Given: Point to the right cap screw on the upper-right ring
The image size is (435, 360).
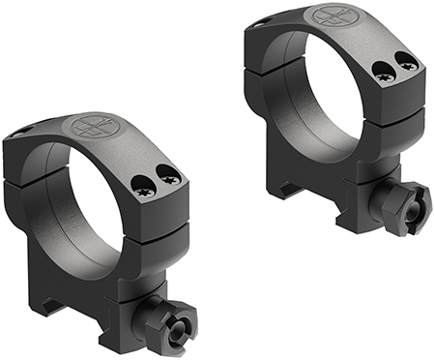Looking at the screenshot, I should (408, 64).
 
